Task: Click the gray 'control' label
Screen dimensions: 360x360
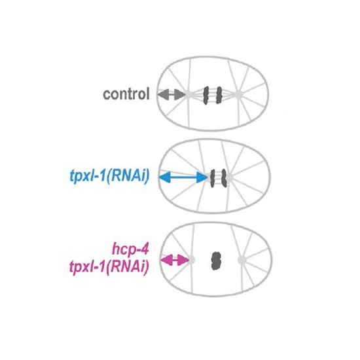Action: tap(126, 94)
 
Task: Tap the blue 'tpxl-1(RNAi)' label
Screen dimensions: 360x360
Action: tap(110, 177)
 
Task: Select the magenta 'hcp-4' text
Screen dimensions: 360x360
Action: tap(130, 249)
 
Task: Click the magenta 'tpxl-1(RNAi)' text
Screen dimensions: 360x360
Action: tap(109, 267)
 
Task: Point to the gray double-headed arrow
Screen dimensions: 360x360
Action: tap(172, 94)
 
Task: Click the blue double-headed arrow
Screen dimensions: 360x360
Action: tap(183, 177)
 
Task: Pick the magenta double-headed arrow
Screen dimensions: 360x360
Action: tap(175, 260)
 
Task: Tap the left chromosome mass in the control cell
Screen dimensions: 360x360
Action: tap(206, 96)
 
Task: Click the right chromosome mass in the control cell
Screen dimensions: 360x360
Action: tap(219, 95)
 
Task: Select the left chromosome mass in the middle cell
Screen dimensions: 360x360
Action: tap(213, 178)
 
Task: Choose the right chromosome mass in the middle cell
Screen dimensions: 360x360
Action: tap(224, 177)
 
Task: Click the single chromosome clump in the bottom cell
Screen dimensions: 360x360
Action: tap(216, 261)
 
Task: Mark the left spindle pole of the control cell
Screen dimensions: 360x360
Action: tap(189, 94)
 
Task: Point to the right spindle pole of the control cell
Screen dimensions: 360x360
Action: tap(238, 94)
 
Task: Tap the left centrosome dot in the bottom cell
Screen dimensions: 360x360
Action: tap(192, 260)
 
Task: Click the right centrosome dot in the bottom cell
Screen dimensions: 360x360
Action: tap(242, 260)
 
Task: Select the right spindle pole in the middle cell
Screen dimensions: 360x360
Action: tap(229, 177)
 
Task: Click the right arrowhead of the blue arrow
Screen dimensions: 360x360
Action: tap(202, 177)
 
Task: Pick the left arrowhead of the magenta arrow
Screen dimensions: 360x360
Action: tap(166, 260)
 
